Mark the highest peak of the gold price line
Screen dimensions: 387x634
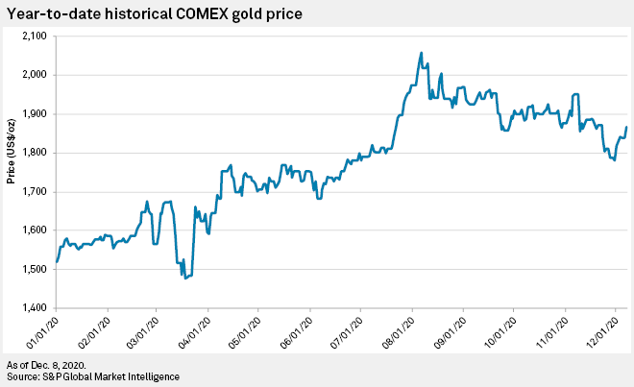pos(422,53)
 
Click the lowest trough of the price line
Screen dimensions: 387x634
pos(184,278)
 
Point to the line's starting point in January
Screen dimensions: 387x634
pos(58,261)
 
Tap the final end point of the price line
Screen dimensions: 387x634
pos(627,127)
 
